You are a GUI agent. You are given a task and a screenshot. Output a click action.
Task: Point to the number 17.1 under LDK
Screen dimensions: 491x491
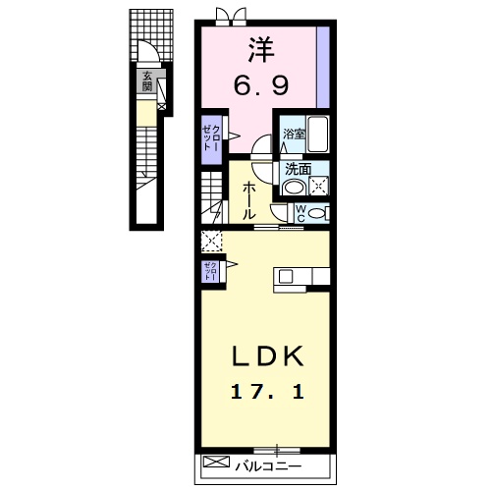[x=267, y=392]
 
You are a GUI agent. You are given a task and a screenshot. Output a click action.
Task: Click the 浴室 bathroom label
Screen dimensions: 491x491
[x=294, y=134]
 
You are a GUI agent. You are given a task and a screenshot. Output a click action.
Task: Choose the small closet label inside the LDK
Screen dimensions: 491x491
[x=209, y=271]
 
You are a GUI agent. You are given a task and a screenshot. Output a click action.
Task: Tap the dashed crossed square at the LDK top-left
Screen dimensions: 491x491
[x=211, y=240]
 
